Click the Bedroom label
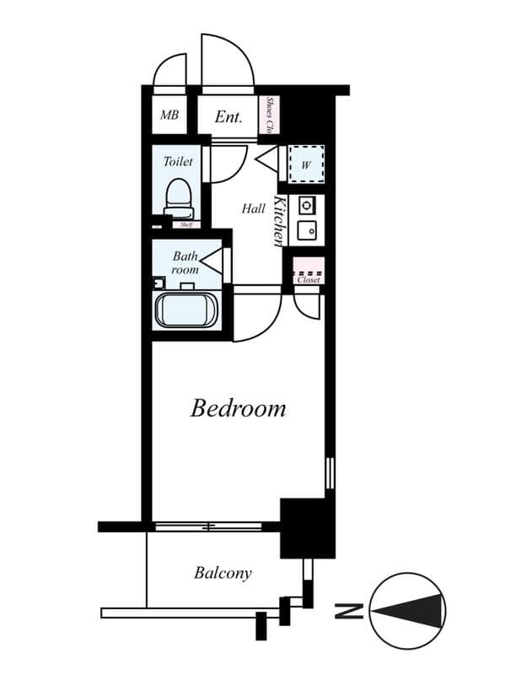238,409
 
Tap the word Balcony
223,574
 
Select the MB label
169,116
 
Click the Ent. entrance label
228,117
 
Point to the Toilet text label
178,161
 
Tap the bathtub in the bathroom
186,309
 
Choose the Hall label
253,208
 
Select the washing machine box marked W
305,165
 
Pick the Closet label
308,279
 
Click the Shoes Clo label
271,116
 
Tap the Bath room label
185,262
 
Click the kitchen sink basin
306,229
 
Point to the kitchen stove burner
306,205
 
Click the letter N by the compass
344,610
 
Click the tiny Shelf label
184,224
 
